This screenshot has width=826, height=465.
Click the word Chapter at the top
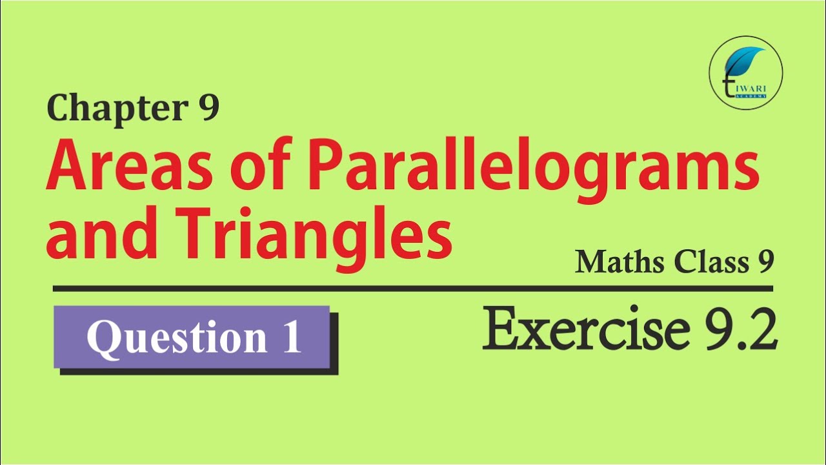click(x=117, y=108)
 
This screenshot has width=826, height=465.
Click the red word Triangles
click(x=313, y=239)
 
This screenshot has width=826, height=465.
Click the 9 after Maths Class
click(x=766, y=262)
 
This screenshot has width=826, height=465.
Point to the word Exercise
click(x=587, y=328)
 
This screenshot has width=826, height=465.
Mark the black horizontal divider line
click(x=413, y=289)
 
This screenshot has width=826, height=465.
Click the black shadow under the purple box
click(x=199, y=371)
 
